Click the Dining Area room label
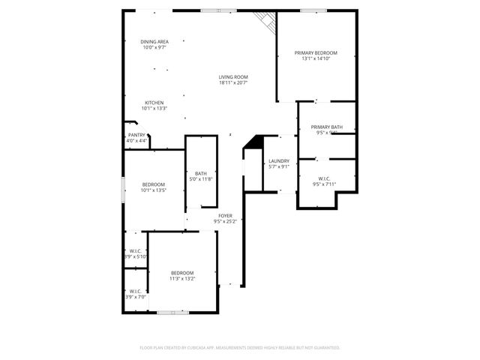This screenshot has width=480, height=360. [154, 41]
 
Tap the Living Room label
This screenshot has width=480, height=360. [233, 77]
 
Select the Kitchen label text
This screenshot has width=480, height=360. [154, 103]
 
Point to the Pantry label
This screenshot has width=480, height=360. [136, 135]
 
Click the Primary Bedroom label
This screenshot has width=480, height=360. [316, 52]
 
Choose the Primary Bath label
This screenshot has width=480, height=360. [327, 127]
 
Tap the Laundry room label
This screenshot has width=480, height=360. [279, 160]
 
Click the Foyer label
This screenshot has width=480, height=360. [225, 216]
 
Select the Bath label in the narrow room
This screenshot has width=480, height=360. [201, 173]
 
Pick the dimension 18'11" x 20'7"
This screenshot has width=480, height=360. [233, 83]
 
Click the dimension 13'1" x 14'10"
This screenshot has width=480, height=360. [316, 58]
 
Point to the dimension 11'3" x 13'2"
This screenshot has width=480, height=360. [182, 278]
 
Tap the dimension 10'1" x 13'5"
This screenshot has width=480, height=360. [154, 190]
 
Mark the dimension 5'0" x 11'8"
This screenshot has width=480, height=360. [201, 179]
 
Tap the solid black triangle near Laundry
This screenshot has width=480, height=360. [253, 142]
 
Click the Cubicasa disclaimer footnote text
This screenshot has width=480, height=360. [240, 347]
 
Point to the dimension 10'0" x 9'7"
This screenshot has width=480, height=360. [154, 47]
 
